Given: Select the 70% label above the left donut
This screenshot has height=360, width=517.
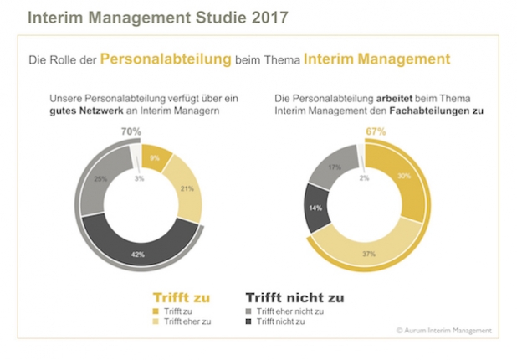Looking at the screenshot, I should (131, 131).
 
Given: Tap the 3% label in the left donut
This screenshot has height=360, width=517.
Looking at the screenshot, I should (138, 178).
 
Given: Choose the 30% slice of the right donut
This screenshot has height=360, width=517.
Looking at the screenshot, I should (403, 177).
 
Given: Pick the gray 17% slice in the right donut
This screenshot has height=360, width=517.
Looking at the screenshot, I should (335, 167).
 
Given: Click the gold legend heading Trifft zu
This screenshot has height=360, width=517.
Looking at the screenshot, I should (181, 296).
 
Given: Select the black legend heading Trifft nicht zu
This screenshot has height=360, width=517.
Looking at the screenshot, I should (293, 296).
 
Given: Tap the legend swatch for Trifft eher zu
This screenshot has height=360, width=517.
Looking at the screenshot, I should (156, 321).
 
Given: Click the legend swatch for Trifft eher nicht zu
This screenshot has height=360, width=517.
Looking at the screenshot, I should (248, 311).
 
